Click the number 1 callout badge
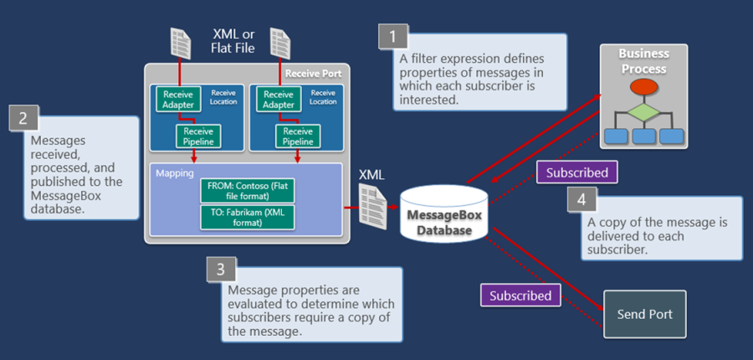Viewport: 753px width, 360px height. [393, 36]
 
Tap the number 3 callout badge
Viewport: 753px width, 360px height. [221, 270]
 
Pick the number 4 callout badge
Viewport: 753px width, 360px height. [582, 200]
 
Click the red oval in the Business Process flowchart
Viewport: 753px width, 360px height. [643, 87]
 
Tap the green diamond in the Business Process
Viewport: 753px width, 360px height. [643, 111]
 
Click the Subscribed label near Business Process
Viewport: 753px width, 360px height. [576, 172]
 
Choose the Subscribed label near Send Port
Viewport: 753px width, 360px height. [520, 296]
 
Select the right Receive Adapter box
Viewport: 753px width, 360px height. [278, 100]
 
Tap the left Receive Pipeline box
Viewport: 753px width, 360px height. [197, 136]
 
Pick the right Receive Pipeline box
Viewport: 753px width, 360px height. [298, 136]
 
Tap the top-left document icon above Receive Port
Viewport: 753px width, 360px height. [180, 43]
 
